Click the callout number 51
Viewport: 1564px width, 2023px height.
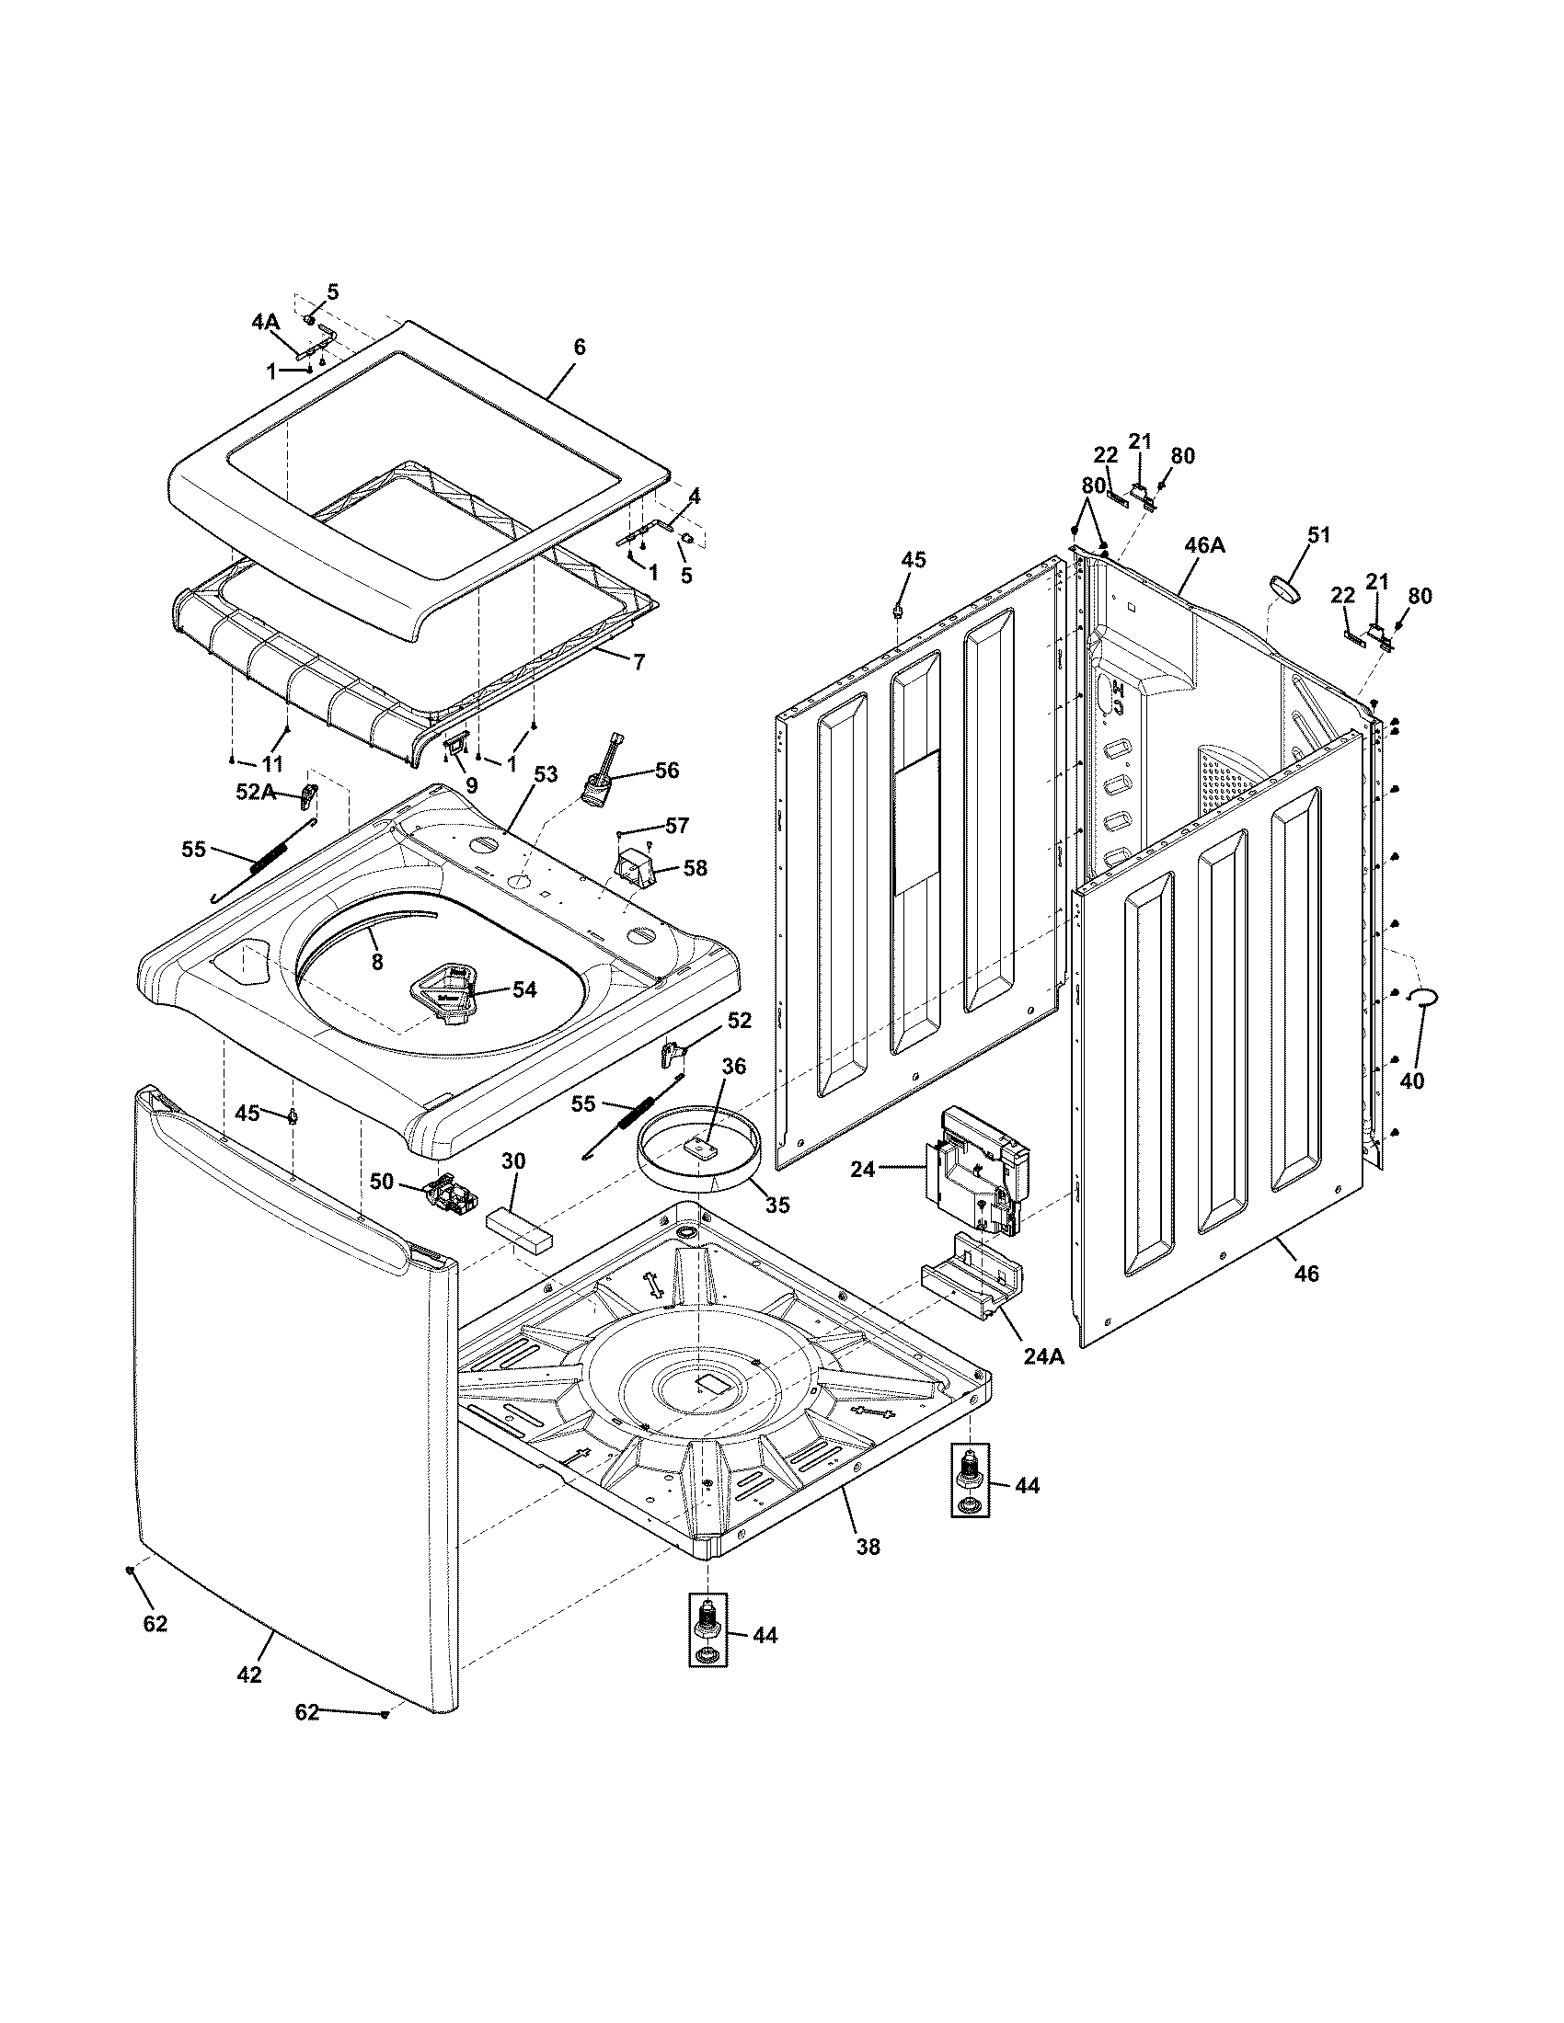pyautogui.click(x=1318, y=534)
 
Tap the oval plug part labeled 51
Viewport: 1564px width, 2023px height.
pyautogui.click(x=1286, y=588)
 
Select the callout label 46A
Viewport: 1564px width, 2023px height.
pyautogui.click(x=1204, y=544)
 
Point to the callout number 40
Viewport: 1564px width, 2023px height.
pyautogui.click(x=1411, y=1080)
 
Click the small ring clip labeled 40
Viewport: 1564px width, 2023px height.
pyautogui.click(x=1422, y=997)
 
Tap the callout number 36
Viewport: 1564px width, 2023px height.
pyautogui.click(x=734, y=1066)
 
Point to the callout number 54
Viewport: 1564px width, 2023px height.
pyautogui.click(x=524, y=989)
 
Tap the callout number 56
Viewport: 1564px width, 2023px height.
pyautogui.click(x=667, y=770)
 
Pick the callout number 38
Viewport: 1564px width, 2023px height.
pyautogui.click(x=868, y=1546)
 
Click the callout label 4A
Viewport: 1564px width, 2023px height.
pyautogui.click(x=265, y=322)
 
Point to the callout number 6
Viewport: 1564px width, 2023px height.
pyautogui.click(x=580, y=348)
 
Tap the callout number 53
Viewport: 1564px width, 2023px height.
pyautogui.click(x=546, y=773)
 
